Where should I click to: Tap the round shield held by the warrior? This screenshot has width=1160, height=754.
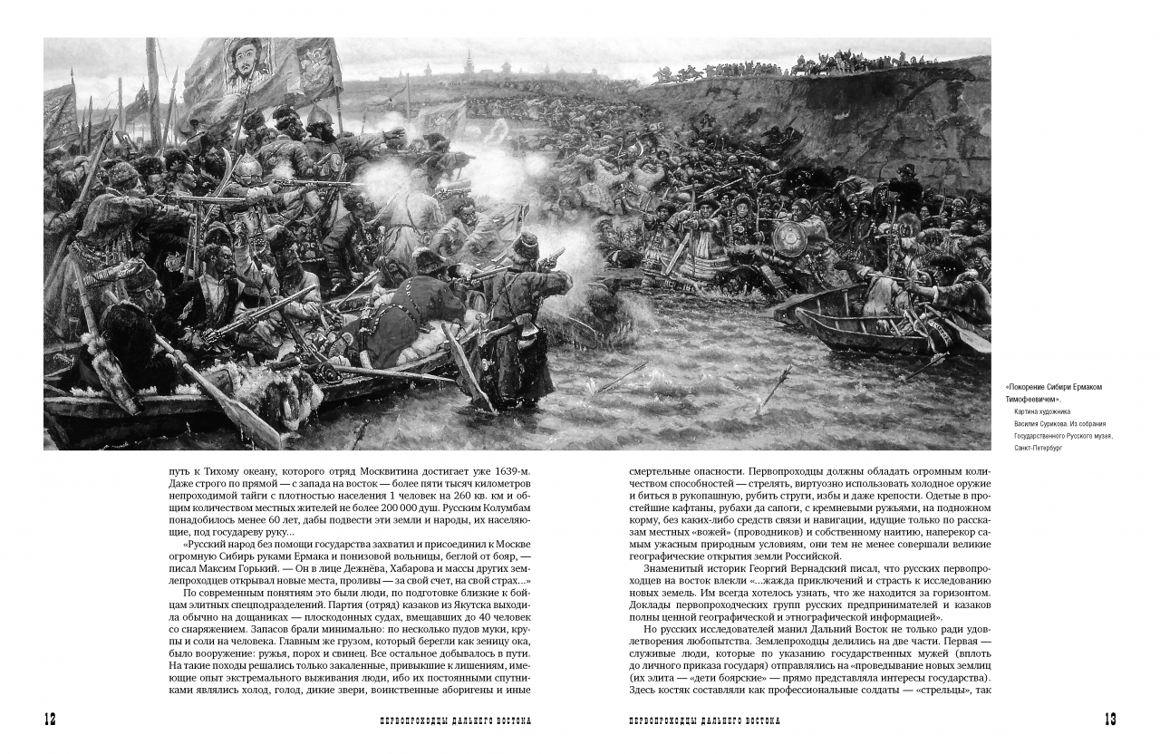coord(789,238)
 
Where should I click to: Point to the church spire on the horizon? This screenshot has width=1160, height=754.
coord(468,64)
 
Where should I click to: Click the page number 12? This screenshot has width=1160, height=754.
coord(50,720)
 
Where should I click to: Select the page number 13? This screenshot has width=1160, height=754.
coord(1109,720)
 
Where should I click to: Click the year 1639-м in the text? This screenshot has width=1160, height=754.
coord(508,471)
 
